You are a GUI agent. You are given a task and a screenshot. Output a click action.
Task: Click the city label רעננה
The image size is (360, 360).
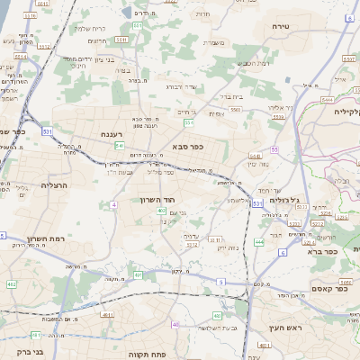click(x=112, y=135)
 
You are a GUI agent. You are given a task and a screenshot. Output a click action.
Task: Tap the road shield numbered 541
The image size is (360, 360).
click(x=119, y=145)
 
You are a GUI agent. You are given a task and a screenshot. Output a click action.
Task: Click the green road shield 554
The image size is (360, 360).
click(x=189, y=121)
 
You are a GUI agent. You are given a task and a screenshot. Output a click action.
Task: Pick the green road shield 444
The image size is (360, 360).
click(x=259, y=242)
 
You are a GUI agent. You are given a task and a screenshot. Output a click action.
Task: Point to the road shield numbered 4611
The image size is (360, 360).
click(x=106, y=315)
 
